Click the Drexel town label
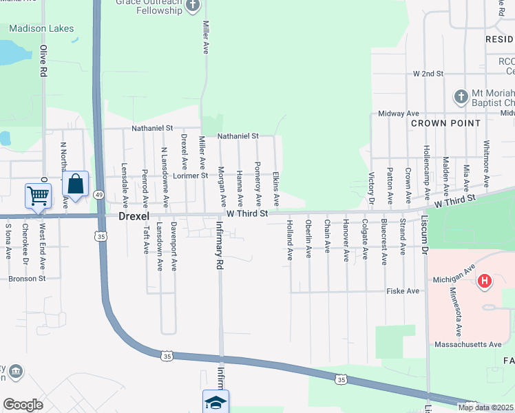pos(134,216)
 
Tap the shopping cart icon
pos(37,195)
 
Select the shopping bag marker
pos(75,184)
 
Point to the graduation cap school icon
pos(216,402)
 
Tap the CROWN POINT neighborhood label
pos(445,123)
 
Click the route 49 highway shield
pos(100,195)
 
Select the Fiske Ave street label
pos(403,291)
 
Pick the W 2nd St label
pos(427,73)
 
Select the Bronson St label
pos(27,279)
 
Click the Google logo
pos(23,404)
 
